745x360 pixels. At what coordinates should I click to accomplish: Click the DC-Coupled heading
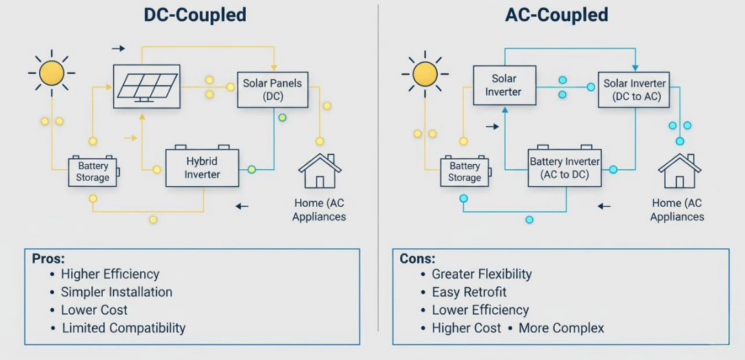[x=195, y=15]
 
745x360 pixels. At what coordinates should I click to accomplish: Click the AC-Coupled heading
[x=556, y=15]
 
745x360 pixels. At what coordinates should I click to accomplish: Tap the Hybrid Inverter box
[x=202, y=167]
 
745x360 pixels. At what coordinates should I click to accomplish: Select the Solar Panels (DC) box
[x=272, y=90]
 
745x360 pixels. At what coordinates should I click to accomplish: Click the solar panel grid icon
[x=147, y=85]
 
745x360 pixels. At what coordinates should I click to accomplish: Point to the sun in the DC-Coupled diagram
[x=52, y=72]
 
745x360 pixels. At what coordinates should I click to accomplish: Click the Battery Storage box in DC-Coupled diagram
[x=92, y=172]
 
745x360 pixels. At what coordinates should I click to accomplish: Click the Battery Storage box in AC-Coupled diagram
[x=464, y=172]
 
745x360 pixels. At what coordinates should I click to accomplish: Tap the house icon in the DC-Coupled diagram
[x=319, y=172]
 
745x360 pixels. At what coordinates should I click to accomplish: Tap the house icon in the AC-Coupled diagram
[x=679, y=172]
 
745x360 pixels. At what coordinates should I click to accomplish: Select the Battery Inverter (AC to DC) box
[x=565, y=167]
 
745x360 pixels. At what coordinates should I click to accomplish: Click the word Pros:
[x=49, y=258]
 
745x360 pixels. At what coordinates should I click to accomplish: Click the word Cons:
[x=418, y=258]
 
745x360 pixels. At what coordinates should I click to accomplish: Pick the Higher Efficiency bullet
[x=110, y=274]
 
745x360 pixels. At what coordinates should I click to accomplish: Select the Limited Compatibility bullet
[x=124, y=328]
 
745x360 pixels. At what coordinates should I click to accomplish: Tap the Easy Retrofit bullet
[x=469, y=292]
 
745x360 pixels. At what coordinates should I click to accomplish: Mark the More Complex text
[x=561, y=328]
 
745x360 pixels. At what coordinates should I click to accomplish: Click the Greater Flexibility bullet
[x=482, y=274]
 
